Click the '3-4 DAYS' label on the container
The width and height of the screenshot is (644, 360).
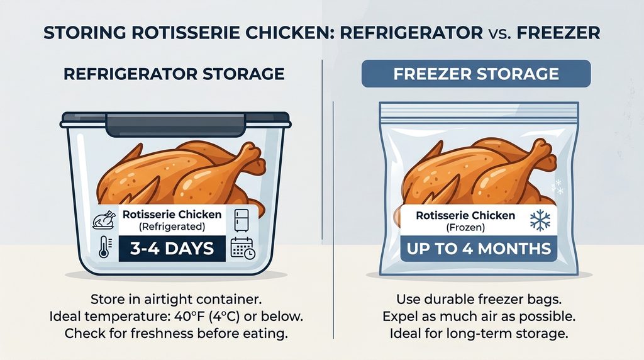click(172, 248)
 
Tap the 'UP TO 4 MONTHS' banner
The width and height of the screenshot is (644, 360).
click(479, 249)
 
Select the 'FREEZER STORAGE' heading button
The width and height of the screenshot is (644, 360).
click(476, 74)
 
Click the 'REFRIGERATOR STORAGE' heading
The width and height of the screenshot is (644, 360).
click(174, 74)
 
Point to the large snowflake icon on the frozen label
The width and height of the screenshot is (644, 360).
click(540, 220)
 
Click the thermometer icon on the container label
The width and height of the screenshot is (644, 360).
click(104, 247)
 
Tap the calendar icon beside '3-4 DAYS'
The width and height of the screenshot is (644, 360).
click(243, 248)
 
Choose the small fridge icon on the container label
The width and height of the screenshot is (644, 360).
click(241, 221)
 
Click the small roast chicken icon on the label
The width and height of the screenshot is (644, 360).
click(104, 220)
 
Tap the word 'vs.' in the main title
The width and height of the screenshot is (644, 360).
click(499, 33)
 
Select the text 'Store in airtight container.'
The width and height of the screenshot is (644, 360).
click(176, 299)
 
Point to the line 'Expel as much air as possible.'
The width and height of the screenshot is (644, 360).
click(479, 317)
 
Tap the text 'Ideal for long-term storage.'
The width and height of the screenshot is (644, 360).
click(479, 334)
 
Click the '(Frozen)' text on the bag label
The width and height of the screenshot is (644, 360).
click(466, 227)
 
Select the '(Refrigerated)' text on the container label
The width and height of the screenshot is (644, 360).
click(172, 227)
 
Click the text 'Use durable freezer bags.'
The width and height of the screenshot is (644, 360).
click(479, 299)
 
